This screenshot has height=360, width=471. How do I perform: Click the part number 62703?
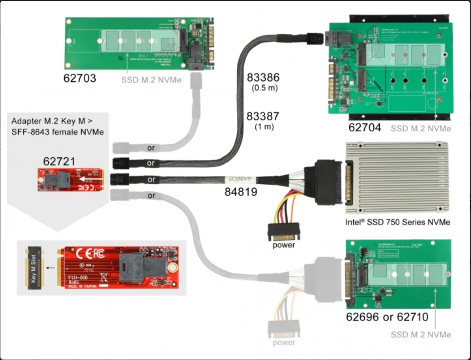80,79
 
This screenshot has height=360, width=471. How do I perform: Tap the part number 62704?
365,127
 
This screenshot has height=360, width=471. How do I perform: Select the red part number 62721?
59,161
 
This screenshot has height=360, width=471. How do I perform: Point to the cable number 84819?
240,191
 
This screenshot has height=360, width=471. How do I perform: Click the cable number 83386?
263,78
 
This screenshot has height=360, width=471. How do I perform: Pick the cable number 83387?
263,117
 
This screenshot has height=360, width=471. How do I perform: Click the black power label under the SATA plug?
284,245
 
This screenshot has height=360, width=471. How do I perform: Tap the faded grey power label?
284,343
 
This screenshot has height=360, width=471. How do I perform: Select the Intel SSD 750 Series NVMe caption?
397,222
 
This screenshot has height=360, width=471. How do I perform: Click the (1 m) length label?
264,127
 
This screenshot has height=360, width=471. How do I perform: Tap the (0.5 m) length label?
263,89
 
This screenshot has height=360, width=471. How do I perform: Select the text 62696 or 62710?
387,317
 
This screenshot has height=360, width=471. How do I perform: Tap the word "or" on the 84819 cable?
151,179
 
